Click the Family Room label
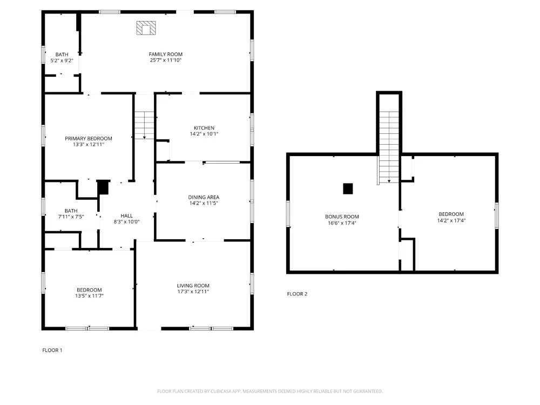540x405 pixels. [166, 54]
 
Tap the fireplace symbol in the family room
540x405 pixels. [146, 28]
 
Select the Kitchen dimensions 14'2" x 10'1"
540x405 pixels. [204, 134]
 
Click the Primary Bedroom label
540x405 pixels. [89, 138]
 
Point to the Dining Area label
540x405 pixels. [204, 197]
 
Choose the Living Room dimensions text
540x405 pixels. [193, 292]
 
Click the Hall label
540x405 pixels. [127, 216]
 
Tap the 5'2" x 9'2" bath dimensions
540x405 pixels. [62, 60]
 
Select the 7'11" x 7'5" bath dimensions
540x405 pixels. [71, 217]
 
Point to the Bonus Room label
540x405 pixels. [342, 217]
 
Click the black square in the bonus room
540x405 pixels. [348, 188]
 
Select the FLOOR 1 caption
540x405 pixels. [52, 350]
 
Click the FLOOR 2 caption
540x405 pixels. [297, 294]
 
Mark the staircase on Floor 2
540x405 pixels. [389, 147]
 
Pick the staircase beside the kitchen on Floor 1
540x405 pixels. [144, 125]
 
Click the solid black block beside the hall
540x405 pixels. [103, 188]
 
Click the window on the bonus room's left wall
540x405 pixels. [288, 214]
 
